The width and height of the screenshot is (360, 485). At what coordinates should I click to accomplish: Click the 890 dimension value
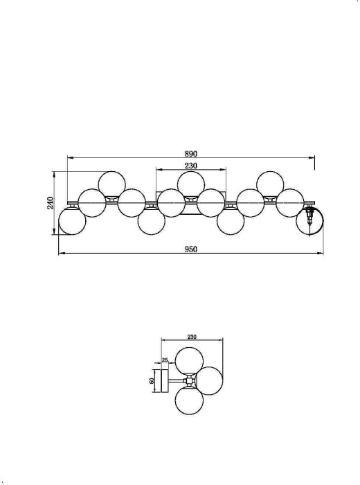191,152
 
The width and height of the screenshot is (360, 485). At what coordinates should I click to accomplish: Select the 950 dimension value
191,249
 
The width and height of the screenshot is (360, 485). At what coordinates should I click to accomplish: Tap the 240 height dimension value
50,202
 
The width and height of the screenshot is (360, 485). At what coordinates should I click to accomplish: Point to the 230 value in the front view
191,166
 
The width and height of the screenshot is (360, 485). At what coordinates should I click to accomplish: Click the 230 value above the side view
192,337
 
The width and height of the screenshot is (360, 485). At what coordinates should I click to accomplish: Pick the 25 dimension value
165,360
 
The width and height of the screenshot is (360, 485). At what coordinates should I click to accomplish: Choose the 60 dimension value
152,381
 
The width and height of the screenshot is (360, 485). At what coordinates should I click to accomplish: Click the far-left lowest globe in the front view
71,221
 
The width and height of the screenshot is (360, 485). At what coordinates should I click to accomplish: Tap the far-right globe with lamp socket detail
309,221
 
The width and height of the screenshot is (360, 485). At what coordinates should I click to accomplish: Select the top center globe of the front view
190,184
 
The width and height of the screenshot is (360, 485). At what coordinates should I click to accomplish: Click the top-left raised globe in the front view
111,184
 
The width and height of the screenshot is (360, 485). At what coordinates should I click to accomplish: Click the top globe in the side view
188,362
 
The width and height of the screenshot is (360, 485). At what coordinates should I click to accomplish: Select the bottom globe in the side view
188,402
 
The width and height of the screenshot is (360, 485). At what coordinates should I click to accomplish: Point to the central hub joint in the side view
187,382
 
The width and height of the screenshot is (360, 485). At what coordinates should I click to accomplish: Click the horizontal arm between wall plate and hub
175,382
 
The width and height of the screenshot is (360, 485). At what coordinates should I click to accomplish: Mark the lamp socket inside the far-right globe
309,218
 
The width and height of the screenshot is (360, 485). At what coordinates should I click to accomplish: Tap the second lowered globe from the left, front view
150,222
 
